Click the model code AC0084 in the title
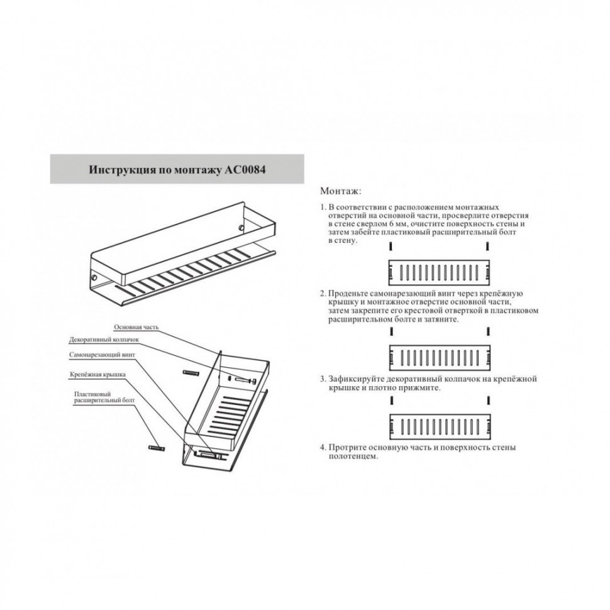pyautogui.click(x=245, y=170)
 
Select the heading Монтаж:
pyautogui.click(x=341, y=191)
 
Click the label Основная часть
pyautogui.click(x=136, y=327)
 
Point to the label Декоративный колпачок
pyautogui.click(x=104, y=340)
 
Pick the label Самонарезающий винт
pyautogui.click(x=103, y=355)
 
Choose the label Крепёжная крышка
pyautogui.click(x=97, y=375)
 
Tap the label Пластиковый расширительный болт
pyautogui.click(x=104, y=397)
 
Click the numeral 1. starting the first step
pyautogui.click(x=323, y=207)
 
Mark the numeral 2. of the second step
pyautogui.click(x=323, y=293)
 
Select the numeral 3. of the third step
pyautogui.click(x=323, y=379)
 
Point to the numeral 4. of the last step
pyautogui.click(x=323, y=447)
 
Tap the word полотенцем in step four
pyautogui.click(x=353, y=457)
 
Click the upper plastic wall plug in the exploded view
pyautogui.click(x=191, y=373)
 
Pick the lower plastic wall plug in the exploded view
pyautogui.click(x=157, y=449)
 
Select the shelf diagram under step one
pyautogui.click(x=439, y=273)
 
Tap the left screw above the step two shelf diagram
pyautogui.click(x=391, y=331)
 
